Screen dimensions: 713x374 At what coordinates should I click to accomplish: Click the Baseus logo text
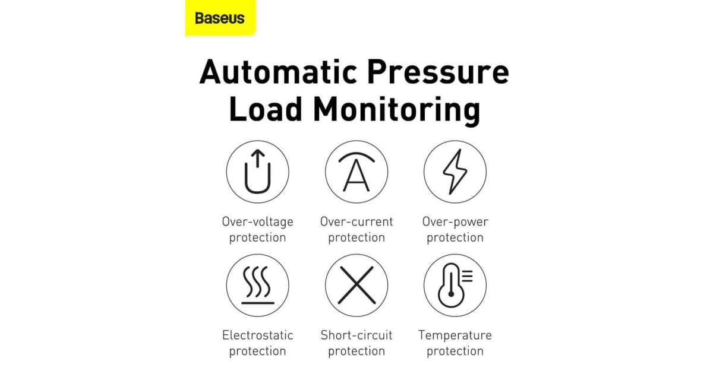point(220,18)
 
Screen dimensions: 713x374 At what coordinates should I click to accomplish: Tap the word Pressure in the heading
point(438,72)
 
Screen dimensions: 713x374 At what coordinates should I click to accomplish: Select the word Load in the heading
point(266,109)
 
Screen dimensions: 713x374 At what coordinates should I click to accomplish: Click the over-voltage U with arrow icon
point(257,172)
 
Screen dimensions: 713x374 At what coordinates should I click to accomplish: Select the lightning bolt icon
point(455,172)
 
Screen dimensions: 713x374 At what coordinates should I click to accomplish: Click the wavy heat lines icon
point(257,285)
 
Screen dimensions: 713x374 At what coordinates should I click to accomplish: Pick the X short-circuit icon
point(356,285)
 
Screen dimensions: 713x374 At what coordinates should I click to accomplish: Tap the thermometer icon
point(451,286)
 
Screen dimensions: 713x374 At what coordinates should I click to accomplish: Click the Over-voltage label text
point(257,222)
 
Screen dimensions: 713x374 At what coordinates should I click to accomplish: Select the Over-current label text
point(356,221)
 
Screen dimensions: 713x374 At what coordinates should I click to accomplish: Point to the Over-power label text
point(455,222)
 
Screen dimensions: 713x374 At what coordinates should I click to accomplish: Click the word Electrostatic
point(257,335)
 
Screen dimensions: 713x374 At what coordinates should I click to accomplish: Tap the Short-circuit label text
point(356,335)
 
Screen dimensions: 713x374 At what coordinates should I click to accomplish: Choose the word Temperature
point(455,335)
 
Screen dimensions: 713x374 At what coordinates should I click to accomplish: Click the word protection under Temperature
point(455,351)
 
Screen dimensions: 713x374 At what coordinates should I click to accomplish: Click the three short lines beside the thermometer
point(467,276)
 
